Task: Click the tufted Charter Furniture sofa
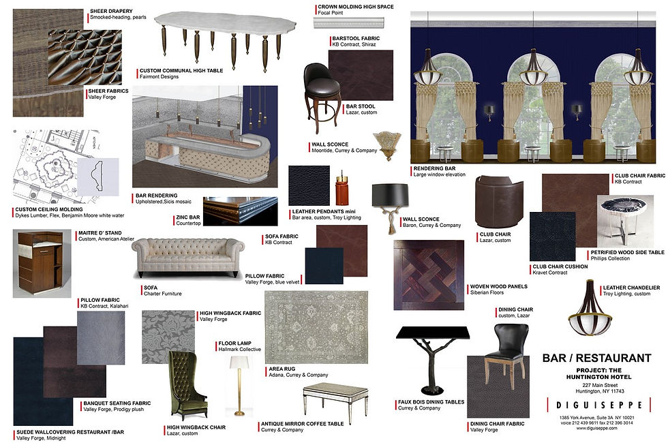188,257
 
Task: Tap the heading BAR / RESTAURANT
596,358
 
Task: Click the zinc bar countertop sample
241,211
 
